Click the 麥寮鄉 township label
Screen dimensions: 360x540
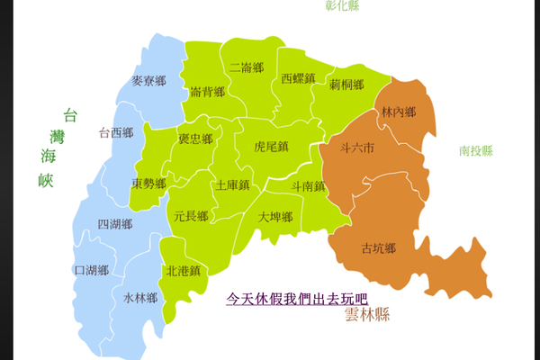148,81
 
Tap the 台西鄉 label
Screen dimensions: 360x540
115,133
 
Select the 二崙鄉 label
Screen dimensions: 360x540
246,67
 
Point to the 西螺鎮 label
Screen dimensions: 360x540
298,78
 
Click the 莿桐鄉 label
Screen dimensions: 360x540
346,85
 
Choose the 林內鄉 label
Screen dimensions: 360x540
399,112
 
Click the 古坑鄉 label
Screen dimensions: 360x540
378,247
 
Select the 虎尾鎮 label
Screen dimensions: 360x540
271,146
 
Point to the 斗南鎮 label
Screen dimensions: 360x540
309,185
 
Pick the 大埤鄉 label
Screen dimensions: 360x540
275,217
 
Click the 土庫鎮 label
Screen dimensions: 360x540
232,185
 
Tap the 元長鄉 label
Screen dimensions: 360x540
191,216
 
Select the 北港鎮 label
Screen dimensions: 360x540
183,270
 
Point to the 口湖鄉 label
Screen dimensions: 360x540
91,270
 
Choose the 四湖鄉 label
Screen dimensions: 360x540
114,224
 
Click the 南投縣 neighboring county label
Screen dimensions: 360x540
475,151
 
